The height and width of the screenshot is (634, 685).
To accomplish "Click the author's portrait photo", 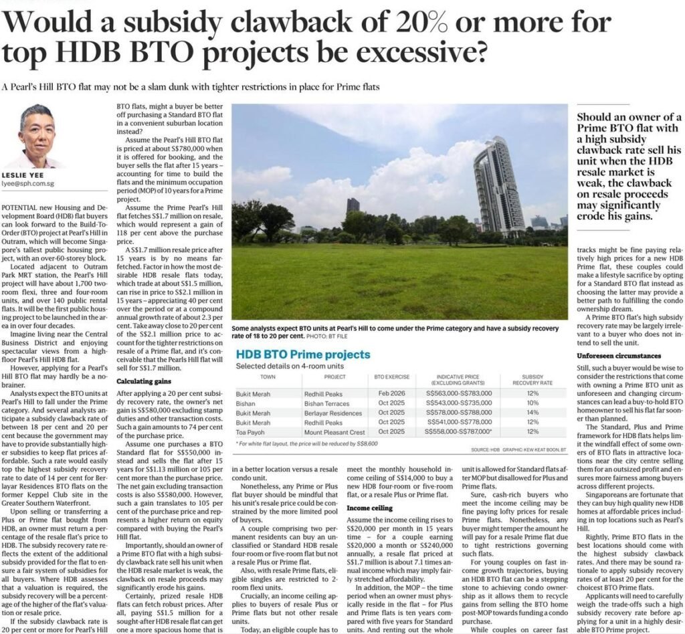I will point(37,136).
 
